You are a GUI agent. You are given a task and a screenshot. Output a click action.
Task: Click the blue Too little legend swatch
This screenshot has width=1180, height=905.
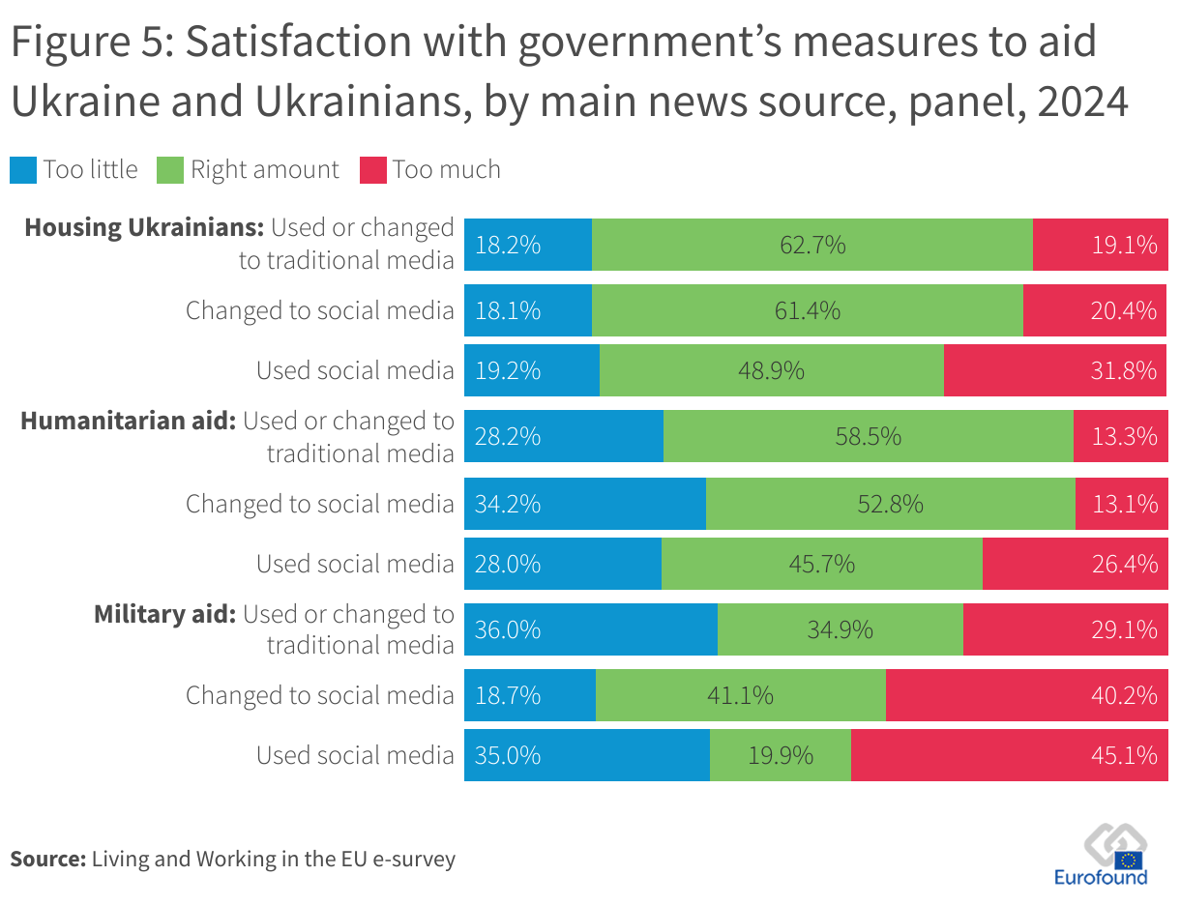click(x=23, y=170)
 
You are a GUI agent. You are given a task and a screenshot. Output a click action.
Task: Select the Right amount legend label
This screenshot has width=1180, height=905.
click(x=265, y=170)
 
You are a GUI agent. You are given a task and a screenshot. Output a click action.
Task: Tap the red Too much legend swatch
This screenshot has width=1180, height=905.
click(x=373, y=170)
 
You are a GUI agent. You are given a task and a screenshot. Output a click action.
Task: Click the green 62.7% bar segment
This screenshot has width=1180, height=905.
click(x=812, y=245)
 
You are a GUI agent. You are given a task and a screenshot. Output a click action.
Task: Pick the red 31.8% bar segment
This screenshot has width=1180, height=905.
click(x=1054, y=370)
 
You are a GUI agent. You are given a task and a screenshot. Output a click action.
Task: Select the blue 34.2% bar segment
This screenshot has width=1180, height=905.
click(x=585, y=504)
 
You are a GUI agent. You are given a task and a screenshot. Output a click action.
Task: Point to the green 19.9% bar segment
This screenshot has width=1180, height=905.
click(x=781, y=755)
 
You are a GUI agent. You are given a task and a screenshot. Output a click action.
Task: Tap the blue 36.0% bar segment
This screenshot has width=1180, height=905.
click(x=591, y=629)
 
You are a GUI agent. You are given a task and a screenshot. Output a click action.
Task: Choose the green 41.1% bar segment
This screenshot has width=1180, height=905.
click(x=741, y=695)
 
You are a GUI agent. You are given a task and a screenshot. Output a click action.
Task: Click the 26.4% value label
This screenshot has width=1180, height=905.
click(x=1124, y=564)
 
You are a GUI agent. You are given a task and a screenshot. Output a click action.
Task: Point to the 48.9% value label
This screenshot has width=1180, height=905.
click(x=772, y=370)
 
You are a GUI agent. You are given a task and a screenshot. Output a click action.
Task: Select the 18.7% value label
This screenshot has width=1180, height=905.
click(x=508, y=695)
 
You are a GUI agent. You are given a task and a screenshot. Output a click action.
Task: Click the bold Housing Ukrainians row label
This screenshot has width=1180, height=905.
click(x=144, y=228)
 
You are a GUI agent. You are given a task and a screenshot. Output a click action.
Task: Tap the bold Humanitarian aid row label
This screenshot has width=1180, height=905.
click(x=128, y=422)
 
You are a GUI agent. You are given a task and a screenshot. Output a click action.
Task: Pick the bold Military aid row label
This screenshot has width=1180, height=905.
click(x=164, y=615)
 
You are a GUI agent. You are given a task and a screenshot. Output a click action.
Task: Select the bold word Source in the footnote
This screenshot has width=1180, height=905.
click(x=48, y=859)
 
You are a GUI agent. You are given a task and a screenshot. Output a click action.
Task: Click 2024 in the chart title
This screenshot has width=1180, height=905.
click(x=1082, y=102)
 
